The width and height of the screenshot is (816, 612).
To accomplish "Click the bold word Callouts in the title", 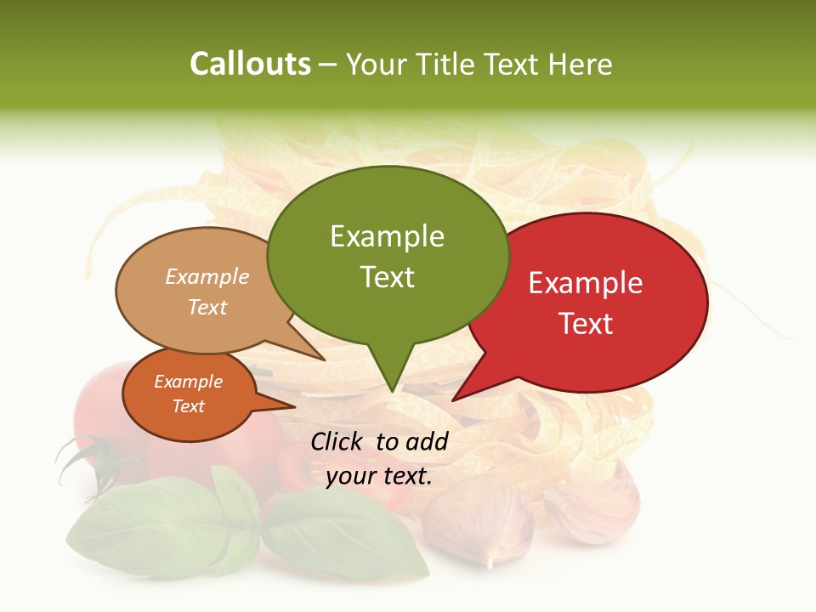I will (x=250, y=64).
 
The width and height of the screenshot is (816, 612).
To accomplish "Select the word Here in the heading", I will (x=578, y=64).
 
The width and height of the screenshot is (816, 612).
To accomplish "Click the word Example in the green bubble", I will (x=387, y=236).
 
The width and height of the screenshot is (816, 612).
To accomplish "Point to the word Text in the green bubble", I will (x=387, y=277).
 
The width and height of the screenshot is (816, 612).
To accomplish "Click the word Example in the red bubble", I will (x=586, y=283).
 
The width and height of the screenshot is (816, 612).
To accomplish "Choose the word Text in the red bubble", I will (x=586, y=324).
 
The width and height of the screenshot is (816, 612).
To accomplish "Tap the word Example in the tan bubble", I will (x=207, y=277).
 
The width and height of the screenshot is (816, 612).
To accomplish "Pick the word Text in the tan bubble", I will (x=207, y=307).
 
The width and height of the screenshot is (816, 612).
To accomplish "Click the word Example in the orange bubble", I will (x=189, y=382).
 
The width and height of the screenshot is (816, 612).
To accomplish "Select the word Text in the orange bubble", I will (x=189, y=406).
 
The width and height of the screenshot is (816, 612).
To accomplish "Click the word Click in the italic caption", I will (x=338, y=441).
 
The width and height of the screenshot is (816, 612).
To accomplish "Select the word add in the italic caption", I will (x=427, y=441).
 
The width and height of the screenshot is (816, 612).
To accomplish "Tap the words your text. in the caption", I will (x=379, y=476).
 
